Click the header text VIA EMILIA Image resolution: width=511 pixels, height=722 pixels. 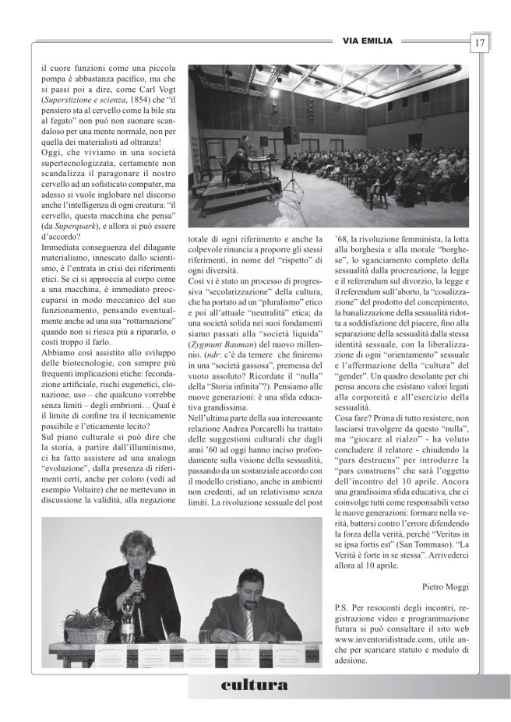coord(367,41)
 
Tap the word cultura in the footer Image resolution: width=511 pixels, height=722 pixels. coord(255,685)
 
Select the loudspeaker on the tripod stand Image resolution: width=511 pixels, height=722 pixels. coord(291,136)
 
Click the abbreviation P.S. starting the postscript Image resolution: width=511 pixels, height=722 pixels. coord(340,605)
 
